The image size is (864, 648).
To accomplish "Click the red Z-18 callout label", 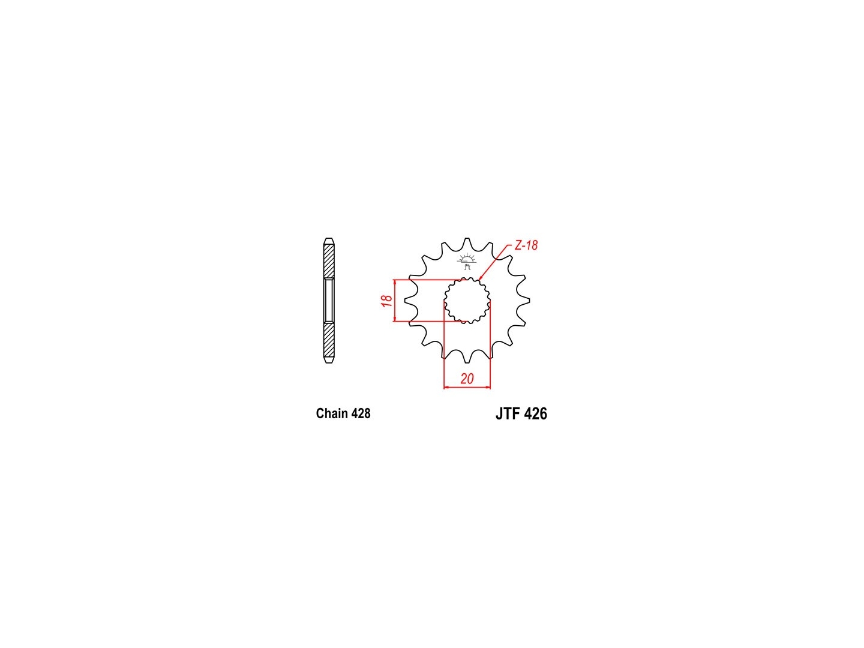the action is point(526,245).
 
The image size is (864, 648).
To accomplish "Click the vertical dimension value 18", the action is point(387,301).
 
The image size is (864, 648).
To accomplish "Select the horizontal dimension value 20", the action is point(467,379).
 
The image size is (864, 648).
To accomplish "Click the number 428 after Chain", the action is point(361,413).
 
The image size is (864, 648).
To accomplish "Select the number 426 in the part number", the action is point(536,413).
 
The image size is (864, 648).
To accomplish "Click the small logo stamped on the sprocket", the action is point(466,261).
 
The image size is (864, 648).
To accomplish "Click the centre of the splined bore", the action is point(467,301).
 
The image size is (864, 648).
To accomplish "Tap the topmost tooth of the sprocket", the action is point(467,243).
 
